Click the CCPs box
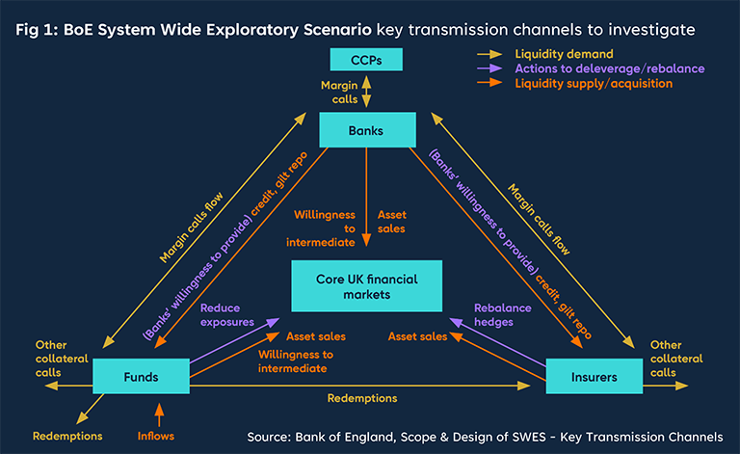pos(366,61)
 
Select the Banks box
pos(366,129)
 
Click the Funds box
pos(141,376)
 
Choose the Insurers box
pos(595,376)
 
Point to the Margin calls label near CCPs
pos(340,93)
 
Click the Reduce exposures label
pos(227,314)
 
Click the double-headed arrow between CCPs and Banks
pos(366,94)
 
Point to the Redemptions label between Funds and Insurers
pos(361,397)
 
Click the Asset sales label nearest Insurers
pos(417,336)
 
